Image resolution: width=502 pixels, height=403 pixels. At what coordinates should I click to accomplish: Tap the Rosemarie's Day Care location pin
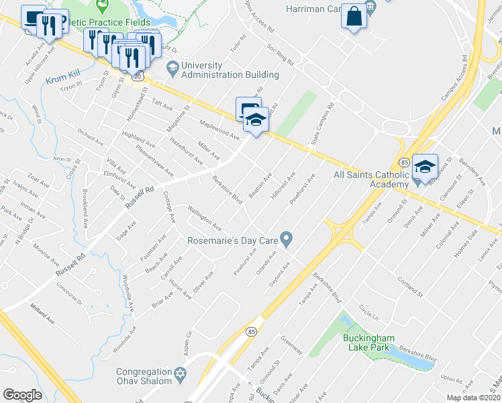(x=287, y=238)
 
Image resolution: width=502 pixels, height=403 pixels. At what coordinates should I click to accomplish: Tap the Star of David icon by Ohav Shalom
(x=180, y=373)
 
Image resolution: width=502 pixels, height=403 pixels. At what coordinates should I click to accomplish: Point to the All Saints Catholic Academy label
(x=371, y=179)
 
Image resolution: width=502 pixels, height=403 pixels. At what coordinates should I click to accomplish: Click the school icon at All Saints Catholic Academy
(x=425, y=167)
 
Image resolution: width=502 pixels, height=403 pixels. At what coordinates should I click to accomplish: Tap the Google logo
(x=22, y=394)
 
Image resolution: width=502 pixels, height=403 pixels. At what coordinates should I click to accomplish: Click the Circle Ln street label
(x=368, y=313)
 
